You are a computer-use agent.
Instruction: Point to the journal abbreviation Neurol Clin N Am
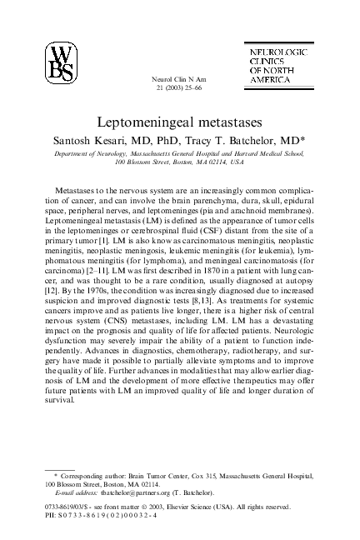tap(180, 77)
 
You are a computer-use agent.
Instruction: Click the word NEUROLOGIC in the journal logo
tap(278, 51)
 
